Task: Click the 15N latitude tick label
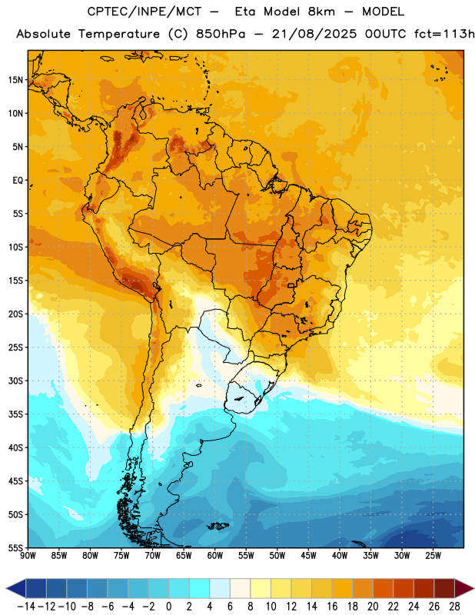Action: [15, 80]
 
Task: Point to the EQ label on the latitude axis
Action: [18, 181]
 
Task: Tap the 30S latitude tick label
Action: [15, 381]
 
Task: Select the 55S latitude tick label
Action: [15, 548]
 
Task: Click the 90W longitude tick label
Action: [28, 556]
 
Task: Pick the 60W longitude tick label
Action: [215, 556]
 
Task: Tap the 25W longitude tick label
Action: [433, 556]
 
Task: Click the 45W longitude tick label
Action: [308, 556]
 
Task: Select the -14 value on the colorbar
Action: [26, 607]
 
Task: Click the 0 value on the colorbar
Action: [168, 607]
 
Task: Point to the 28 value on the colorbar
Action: [454, 607]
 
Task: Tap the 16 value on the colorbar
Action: [332, 607]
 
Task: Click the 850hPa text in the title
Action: [221, 34]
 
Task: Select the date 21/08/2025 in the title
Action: [314, 34]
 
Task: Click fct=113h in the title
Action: [444, 34]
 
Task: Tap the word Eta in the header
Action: [245, 12]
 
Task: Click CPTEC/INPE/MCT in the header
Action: [144, 12]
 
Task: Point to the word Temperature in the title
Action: [119, 35]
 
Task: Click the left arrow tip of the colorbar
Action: [6, 589]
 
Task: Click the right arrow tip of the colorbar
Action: [473, 589]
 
